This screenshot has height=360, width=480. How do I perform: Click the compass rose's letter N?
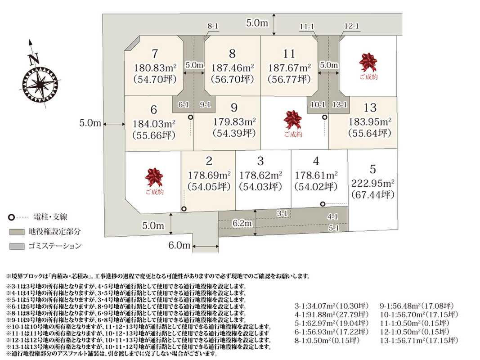(33, 59)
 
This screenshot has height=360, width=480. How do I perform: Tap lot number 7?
(155, 54)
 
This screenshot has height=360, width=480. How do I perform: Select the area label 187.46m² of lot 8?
(232, 68)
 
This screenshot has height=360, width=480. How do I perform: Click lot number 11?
(289, 54)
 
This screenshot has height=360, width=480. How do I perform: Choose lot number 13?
(370, 108)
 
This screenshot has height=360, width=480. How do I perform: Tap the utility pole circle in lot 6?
(191, 117)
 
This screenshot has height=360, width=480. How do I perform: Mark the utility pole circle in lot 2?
(184, 209)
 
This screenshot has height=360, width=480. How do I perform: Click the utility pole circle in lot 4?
(323, 204)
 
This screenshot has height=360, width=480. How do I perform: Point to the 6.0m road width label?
(179, 245)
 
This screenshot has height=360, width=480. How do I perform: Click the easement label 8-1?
(213, 27)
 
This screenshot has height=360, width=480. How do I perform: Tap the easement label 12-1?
(351, 27)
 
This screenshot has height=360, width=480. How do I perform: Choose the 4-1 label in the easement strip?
(333, 217)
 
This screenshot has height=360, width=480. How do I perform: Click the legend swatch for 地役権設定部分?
(16, 232)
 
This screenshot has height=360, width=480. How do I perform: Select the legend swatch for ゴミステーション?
(16, 246)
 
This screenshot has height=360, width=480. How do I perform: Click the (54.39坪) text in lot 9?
(234, 133)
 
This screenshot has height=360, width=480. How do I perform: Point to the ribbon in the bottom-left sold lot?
(154, 177)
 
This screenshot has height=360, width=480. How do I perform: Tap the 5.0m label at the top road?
(257, 23)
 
